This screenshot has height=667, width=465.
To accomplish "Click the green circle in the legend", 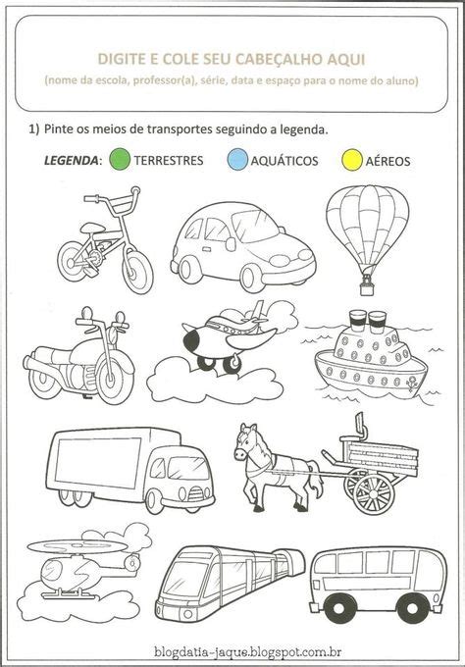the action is click(x=120, y=159).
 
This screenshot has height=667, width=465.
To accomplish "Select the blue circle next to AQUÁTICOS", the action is click(x=237, y=160).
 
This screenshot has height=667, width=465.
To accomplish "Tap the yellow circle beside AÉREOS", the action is click(x=352, y=160).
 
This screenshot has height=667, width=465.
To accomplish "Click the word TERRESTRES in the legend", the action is click(x=169, y=160).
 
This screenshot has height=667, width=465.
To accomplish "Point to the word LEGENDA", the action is click(x=71, y=160).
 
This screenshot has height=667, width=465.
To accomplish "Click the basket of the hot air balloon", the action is click(x=367, y=288).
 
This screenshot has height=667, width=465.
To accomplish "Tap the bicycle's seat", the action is click(x=91, y=228).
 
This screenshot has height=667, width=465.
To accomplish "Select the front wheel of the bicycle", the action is click(x=137, y=272).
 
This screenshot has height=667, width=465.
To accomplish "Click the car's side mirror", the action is click(x=231, y=244).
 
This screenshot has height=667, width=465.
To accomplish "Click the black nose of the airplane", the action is click(x=191, y=340).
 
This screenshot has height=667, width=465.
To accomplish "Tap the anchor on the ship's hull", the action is click(x=410, y=384).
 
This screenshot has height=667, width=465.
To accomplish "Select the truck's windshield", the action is click(x=186, y=468).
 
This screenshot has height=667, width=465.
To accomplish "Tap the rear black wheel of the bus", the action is click(x=411, y=609).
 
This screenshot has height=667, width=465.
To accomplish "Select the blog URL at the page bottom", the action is click(x=247, y=651).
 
